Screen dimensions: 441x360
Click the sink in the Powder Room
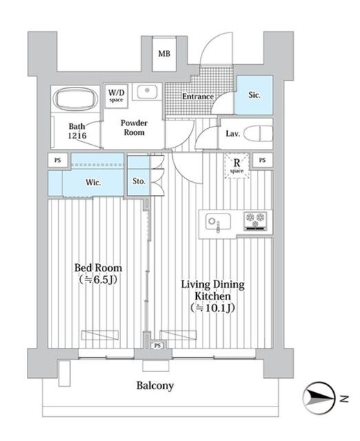pos(145,92)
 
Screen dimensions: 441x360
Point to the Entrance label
pos(198,97)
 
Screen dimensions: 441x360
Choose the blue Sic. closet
pos(253,96)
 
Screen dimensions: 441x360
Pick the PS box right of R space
pos(262,160)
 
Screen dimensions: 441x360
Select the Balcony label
pos(154,386)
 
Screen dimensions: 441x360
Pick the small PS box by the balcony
pos(158,345)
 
